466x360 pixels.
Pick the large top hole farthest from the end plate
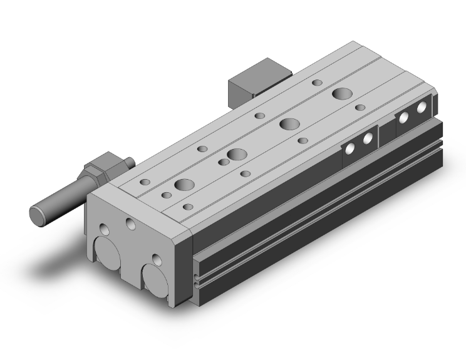pyautogui.click(x=342, y=95)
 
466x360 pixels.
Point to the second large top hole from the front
pyautogui.click(x=237, y=155)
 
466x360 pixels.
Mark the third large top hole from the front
pyautogui.click(x=289, y=123)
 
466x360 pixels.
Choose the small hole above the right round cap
pyautogui.click(x=155, y=257)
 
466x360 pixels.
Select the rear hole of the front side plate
pyautogui.click(x=369, y=138)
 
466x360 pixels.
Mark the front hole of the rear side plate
pyautogui.click(x=405, y=117)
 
